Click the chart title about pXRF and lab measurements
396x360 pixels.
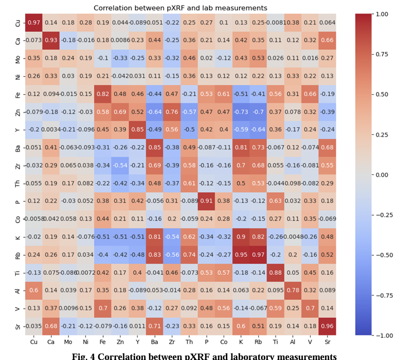180,8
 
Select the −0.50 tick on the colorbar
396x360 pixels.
383,255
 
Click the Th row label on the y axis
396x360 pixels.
16,183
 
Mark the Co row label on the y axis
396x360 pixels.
16,219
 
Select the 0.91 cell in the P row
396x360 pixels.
206,201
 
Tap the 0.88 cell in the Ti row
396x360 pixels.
276,273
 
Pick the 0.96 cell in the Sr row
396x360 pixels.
329,326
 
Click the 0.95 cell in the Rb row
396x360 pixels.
242,255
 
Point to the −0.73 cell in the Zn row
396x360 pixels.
242,111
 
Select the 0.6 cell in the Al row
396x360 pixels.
33,290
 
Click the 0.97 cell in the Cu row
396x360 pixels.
33,22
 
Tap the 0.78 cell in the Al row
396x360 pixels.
293,290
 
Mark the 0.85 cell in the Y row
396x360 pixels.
137,129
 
